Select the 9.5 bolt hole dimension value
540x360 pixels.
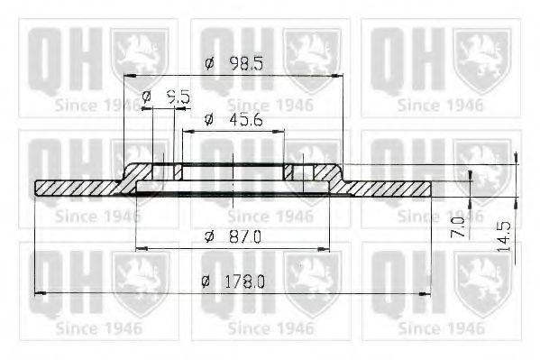(178, 96)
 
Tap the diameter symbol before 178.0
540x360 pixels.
(206, 282)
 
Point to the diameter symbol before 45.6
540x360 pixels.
(208, 119)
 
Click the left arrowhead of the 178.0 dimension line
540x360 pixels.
(38, 292)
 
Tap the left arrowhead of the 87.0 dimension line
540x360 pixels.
(138, 246)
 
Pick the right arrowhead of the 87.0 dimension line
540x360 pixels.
(347, 246)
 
